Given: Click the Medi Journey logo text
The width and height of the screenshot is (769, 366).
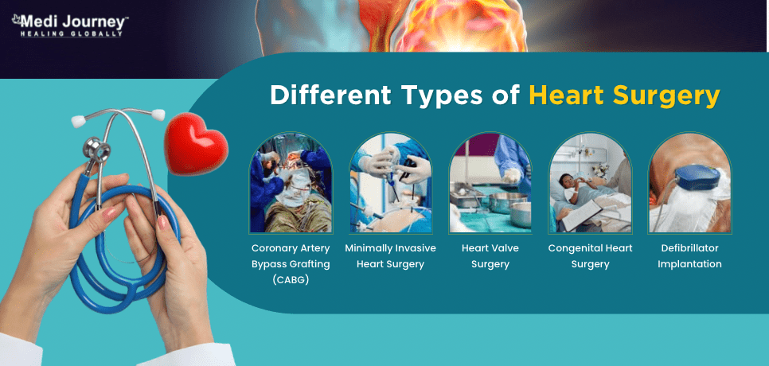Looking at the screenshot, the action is point(70,22).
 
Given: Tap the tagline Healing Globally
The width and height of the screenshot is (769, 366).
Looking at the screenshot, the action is point(71,34).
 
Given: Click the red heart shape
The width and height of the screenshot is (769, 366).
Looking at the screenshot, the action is point(196,143).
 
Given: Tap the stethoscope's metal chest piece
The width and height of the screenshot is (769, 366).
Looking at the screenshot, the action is point(96,150).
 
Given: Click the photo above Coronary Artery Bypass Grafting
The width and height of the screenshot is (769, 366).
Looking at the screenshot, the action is point(291,183).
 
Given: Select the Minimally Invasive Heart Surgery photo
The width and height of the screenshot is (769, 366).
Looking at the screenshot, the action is point(390,183).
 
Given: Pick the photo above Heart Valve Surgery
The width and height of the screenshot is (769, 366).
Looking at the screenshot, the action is point(490,183).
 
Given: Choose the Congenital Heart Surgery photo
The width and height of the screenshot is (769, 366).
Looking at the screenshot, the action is point(590,183).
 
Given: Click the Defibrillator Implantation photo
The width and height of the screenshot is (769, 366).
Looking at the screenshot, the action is point(689,183).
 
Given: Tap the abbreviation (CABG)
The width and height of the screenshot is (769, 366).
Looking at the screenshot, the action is point(291,281).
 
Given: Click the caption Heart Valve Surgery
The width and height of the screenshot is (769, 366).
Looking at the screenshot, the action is point(490,256).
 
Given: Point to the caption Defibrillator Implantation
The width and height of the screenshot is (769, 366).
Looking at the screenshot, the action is point(689,256).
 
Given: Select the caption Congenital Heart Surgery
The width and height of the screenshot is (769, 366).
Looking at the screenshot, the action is point(590,256).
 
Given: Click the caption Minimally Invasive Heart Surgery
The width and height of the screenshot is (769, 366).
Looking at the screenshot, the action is point(390,256).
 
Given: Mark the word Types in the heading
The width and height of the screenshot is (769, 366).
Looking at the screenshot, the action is point(447,96).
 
